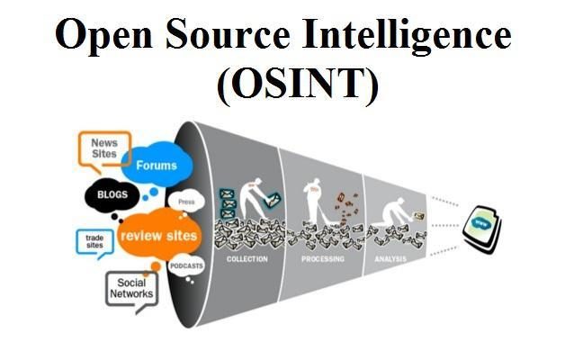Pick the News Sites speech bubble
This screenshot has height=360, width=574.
tap(103, 148)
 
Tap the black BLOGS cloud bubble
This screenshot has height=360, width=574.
tap(112, 194)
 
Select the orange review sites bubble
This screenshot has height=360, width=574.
tap(157, 236)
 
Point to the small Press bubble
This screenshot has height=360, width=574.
tap(186, 202)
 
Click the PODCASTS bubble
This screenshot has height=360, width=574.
tap(185, 266)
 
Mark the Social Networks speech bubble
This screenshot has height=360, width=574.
tap(131, 288)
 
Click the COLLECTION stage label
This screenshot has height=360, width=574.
tap(247, 258)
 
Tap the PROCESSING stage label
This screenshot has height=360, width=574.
tap(322, 258)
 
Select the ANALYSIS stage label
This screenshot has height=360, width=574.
tap(390, 258)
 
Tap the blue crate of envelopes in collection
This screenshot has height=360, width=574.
tap(228, 200)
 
